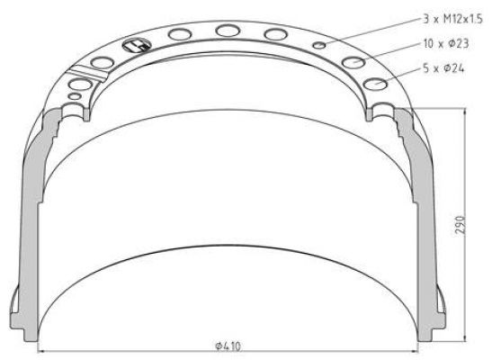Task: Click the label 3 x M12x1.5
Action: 452,19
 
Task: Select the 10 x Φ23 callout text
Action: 446,43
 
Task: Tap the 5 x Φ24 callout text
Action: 443,68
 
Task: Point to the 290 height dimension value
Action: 460,224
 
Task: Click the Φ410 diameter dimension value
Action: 228,346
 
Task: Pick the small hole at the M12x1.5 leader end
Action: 319,46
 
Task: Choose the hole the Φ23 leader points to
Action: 353,62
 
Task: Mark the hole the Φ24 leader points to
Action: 375,84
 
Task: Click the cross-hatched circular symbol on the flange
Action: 137,46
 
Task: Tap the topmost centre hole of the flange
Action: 228,31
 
